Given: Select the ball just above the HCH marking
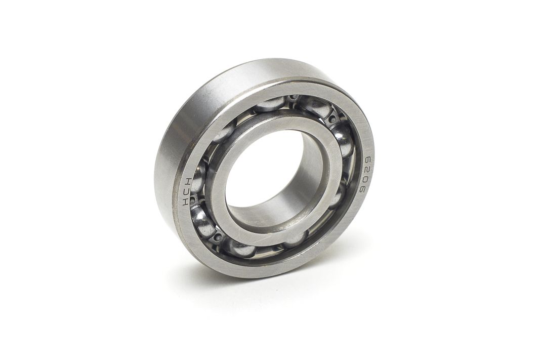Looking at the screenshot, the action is [x=198, y=175].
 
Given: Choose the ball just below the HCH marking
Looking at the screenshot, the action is [x=202, y=220].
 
